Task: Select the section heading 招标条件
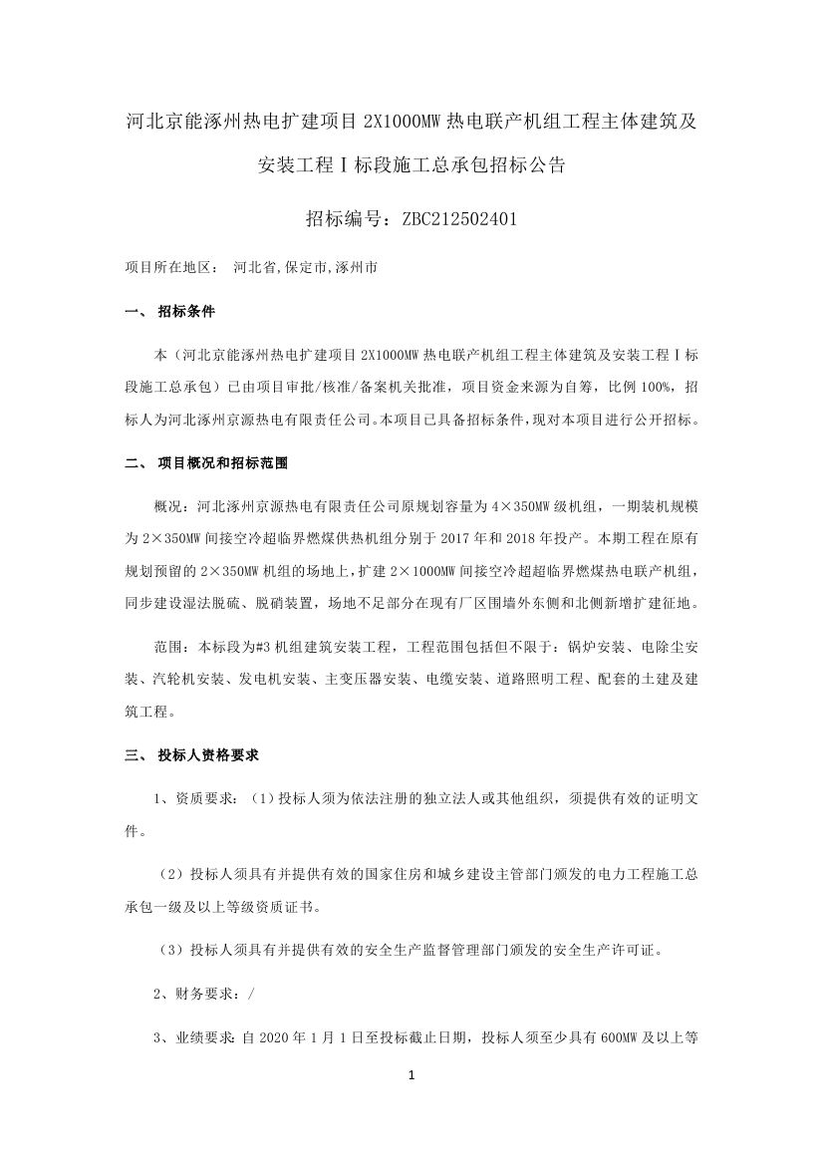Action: [186, 312]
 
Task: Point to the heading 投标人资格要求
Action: [208, 755]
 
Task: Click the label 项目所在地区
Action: [170, 267]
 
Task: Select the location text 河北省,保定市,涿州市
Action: [304, 267]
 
